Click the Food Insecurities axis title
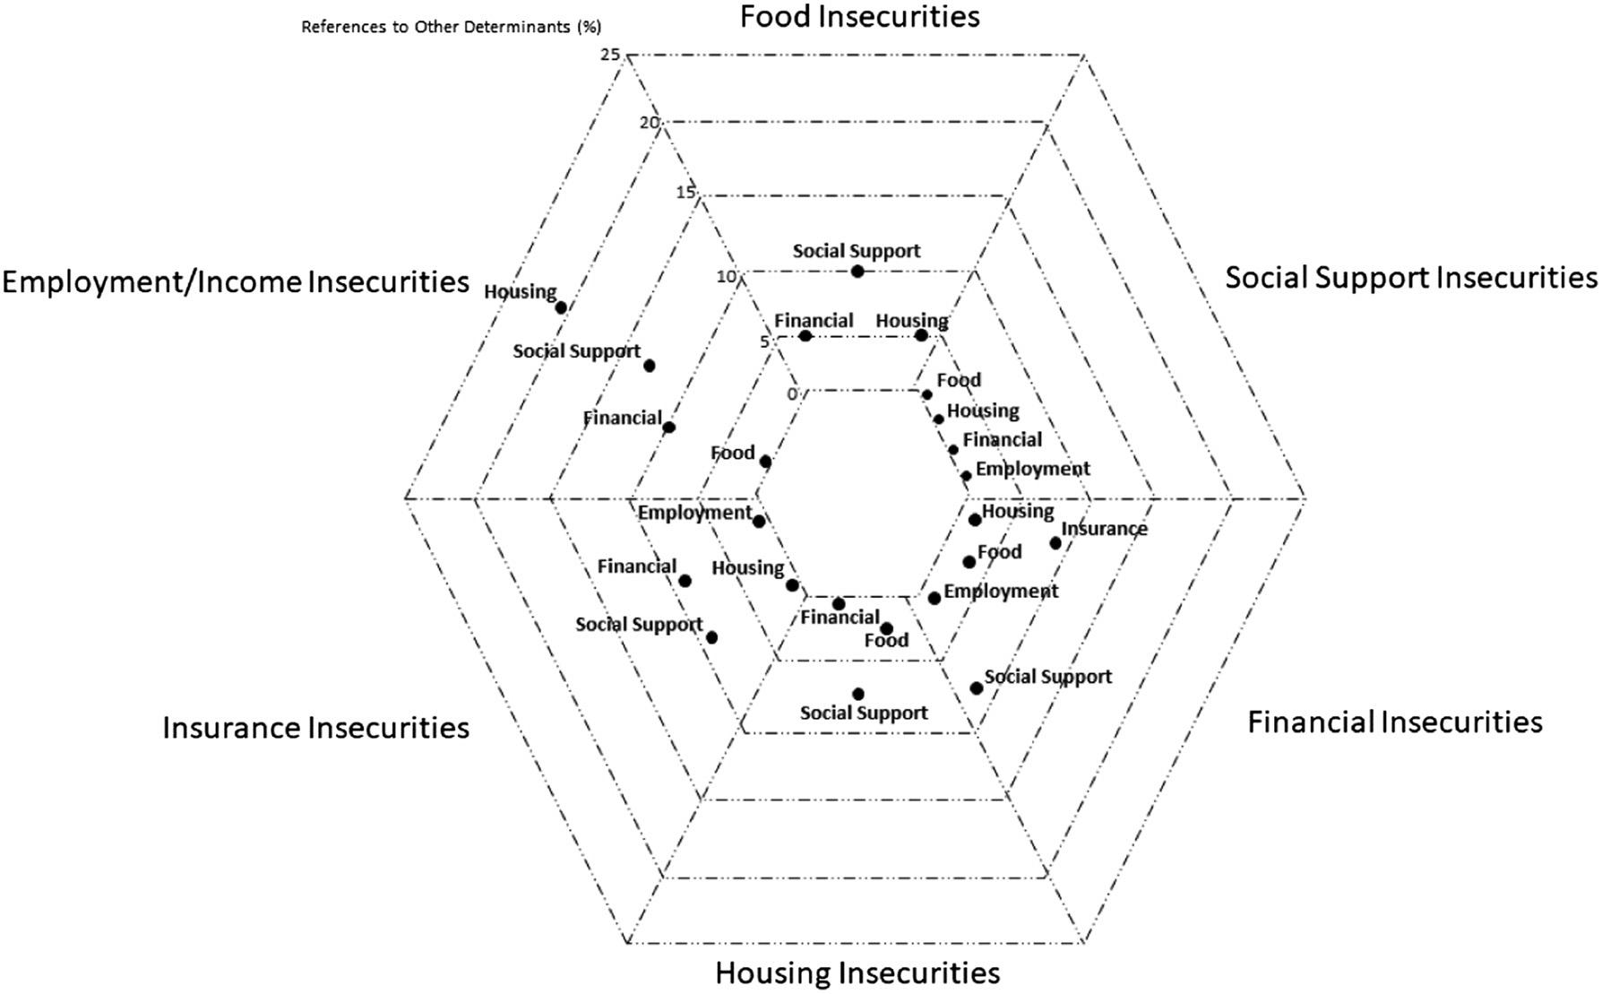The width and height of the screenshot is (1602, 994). (x=859, y=16)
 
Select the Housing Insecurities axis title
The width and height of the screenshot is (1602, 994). (x=857, y=972)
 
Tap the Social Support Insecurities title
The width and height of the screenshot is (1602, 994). (x=1411, y=278)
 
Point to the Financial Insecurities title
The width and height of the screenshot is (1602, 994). (x=1395, y=722)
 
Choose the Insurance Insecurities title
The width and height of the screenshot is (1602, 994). (x=315, y=728)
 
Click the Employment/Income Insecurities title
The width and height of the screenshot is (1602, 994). (x=236, y=281)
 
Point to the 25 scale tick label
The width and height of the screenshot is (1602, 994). (x=611, y=55)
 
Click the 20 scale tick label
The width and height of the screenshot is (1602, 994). (x=650, y=123)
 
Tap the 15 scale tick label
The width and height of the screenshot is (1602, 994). (x=685, y=193)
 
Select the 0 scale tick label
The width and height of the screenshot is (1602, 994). (x=792, y=394)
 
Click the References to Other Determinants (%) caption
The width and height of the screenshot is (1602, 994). (x=451, y=27)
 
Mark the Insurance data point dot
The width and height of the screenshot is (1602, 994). (x=1055, y=543)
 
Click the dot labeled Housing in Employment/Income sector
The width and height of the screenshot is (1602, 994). (x=561, y=307)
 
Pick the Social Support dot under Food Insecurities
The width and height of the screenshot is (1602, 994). (x=857, y=272)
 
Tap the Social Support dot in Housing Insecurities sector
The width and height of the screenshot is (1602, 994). (x=858, y=694)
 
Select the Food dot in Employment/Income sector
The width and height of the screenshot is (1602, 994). (x=765, y=462)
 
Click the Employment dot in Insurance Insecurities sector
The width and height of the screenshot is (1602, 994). (x=759, y=522)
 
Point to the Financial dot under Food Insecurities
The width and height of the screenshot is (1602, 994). (x=805, y=336)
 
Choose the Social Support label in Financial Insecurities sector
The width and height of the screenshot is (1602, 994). (x=1047, y=677)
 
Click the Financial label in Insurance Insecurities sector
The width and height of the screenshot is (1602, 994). (x=636, y=566)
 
